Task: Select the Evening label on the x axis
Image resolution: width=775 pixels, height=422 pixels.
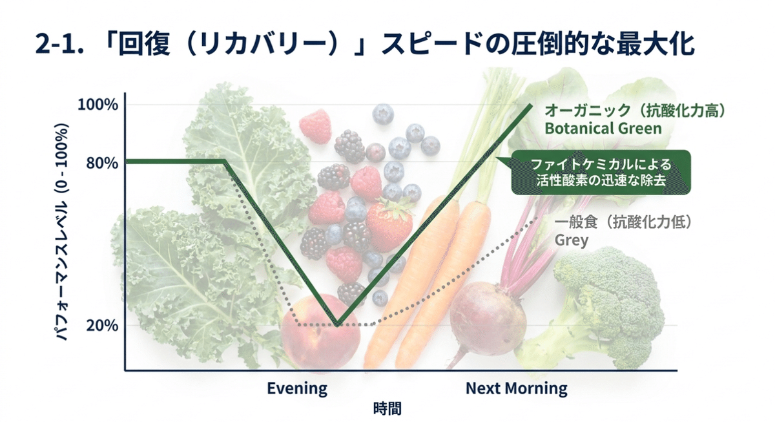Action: click(x=297, y=388)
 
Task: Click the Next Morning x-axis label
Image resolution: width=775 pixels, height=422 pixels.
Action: click(x=517, y=388)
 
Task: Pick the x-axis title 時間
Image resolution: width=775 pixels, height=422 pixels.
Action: click(x=387, y=408)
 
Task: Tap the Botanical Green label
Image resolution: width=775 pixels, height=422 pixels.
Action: click(x=603, y=128)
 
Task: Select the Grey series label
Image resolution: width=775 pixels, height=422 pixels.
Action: click(x=572, y=241)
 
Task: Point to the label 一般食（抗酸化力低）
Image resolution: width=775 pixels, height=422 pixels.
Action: click(x=624, y=223)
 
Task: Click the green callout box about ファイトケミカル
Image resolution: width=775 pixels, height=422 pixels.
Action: click(x=601, y=173)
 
